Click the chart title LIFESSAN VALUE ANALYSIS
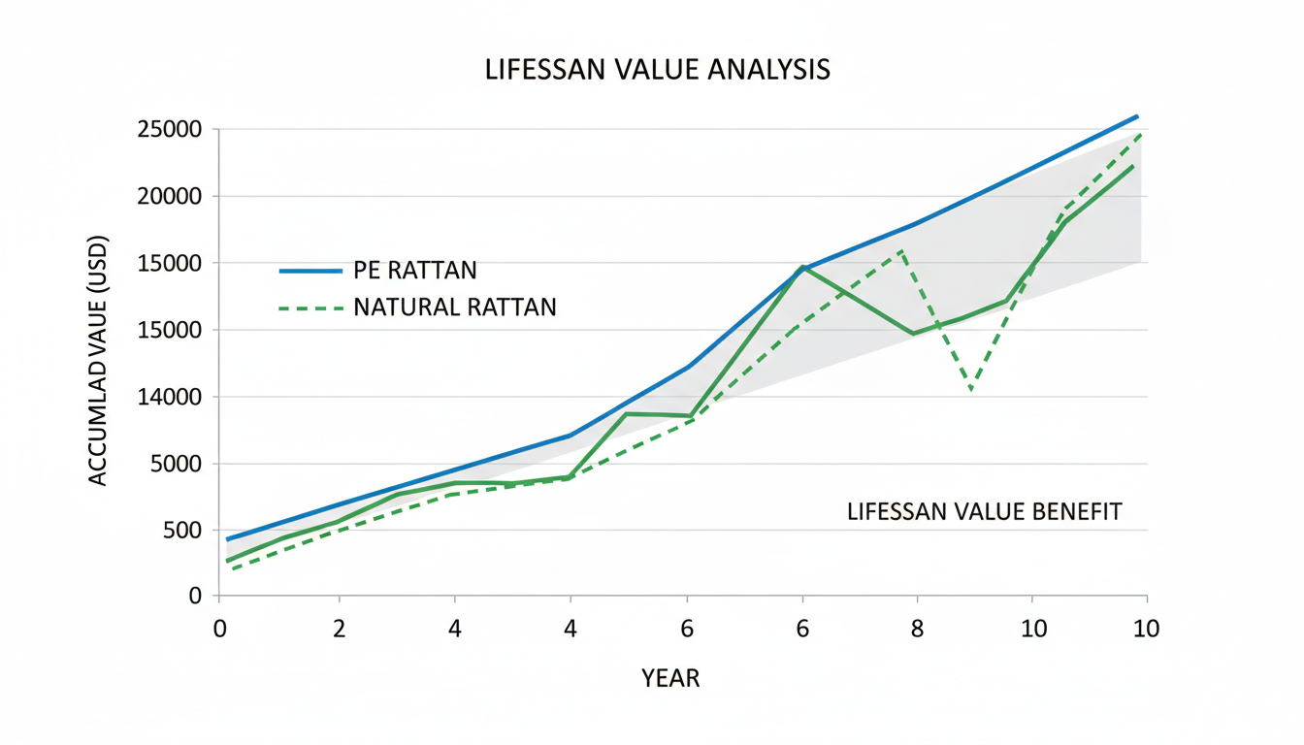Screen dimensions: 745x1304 point(657,71)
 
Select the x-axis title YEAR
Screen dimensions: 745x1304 point(670,678)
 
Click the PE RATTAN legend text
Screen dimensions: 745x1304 point(415,271)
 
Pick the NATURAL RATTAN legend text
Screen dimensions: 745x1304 point(455,308)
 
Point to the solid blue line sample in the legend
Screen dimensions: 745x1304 point(310,271)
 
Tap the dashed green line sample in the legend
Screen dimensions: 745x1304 point(310,308)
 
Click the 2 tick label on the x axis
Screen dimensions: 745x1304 point(339,629)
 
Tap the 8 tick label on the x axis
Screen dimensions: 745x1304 point(917,629)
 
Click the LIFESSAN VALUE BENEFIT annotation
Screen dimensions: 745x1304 point(984,511)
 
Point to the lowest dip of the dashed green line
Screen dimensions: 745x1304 point(970,390)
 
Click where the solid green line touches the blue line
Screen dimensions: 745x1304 point(802,267)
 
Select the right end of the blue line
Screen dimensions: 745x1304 point(1137,116)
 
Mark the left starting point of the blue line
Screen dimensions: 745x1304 point(227,539)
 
